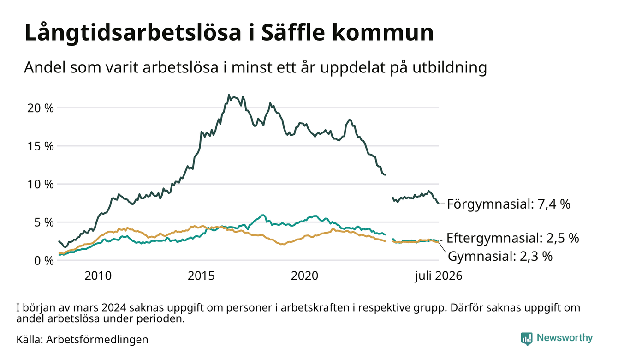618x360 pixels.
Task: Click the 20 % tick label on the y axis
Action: tap(40, 108)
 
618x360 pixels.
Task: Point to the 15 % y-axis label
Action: tap(40, 146)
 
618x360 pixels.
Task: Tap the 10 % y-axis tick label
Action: tap(40, 185)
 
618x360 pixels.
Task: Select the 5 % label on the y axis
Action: tap(44, 222)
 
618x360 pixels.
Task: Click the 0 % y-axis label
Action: tap(44, 261)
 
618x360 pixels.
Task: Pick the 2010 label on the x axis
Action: tap(98, 276)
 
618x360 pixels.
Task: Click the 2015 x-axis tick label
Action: tap(201, 276)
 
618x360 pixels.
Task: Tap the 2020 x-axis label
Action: tap(304, 276)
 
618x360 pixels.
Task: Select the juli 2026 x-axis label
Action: tap(439, 276)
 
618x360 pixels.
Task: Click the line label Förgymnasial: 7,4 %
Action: tap(509, 204)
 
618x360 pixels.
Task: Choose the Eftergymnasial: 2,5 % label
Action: tap(512, 238)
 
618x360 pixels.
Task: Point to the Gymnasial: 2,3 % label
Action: tap(500, 256)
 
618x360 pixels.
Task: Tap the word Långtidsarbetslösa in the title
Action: tap(133, 33)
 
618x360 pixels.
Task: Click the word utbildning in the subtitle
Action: tap(450, 68)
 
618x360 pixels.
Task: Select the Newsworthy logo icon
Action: tap(526, 339)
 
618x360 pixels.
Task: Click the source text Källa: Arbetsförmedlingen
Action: tap(82, 340)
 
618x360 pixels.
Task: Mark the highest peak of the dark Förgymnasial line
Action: tap(228, 95)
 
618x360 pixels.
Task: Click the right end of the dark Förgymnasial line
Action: tap(439, 204)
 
